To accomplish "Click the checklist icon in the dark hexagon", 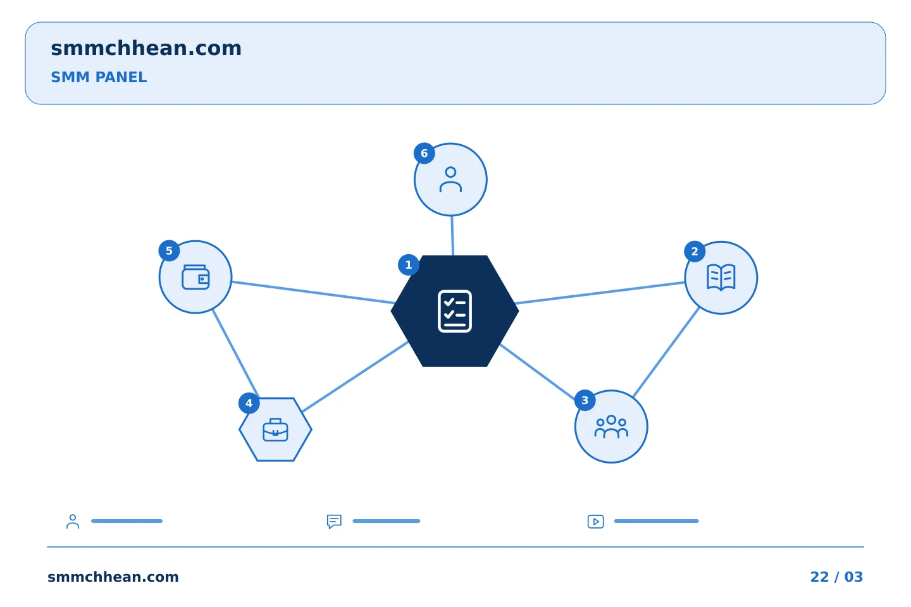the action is tap(455, 311).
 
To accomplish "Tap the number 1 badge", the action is tap(409, 265).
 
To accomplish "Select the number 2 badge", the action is tap(695, 252).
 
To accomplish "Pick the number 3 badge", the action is tap(585, 400).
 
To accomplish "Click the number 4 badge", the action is tap(249, 403).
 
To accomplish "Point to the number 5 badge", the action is tap(169, 251).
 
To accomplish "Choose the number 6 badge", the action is tap(424, 153).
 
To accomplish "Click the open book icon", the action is tap(721, 278).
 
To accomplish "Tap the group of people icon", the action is tap(611, 427).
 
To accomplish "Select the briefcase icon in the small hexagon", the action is tap(275, 430).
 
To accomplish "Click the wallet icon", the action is tap(195, 278).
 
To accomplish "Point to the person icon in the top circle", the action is tap(450, 180).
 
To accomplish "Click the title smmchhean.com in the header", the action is tap(146, 49).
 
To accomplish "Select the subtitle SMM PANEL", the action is tap(99, 77).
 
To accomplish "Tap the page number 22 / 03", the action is tap(836, 577).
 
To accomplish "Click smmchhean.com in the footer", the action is tap(113, 577).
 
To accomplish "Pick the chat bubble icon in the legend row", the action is tap(334, 521).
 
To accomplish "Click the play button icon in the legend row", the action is tap(596, 522).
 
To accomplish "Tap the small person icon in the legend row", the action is tap(73, 521).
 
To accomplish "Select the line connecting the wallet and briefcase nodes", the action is tap(236, 353).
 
